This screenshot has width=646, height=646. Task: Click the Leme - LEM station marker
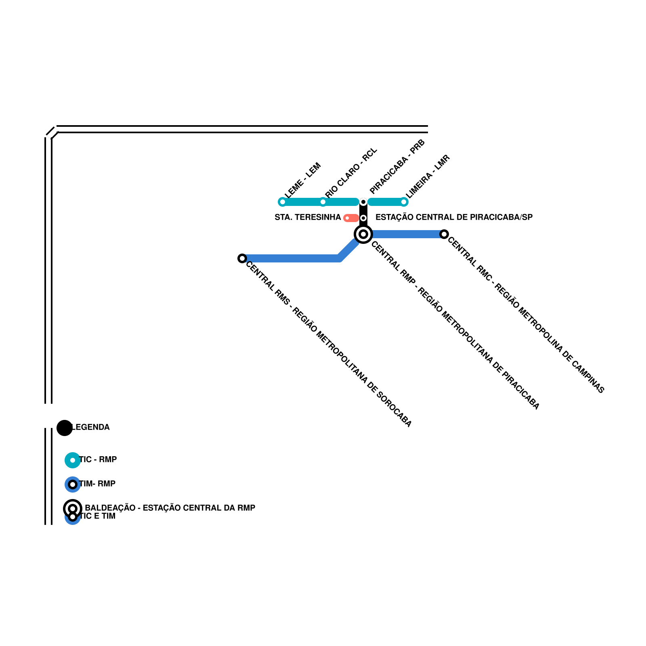pyautogui.click(x=283, y=202)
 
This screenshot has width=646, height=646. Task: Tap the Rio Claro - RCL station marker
pyautogui.click(x=323, y=202)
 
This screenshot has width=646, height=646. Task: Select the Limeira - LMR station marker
pyautogui.click(x=404, y=202)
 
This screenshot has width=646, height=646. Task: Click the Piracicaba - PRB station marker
pyautogui.click(x=363, y=202)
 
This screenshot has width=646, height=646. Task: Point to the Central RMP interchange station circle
pyautogui.click(x=363, y=234)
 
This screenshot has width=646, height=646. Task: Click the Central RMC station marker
pyautogui.click(x=444, y=234)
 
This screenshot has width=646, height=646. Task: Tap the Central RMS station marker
pyautogui.click(x=242, y=258)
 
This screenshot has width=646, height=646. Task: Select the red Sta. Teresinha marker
pyautogui.click(x=350, y=218)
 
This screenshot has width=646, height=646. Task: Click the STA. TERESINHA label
pyautogui.click(x=308, y=218)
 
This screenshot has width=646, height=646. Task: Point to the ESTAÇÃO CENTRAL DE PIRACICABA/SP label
pyautogui.click(x=454, y=218)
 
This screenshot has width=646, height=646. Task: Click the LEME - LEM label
pyautogui.click(x=302, y=180)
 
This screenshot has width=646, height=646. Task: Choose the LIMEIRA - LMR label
pyautogui.click(x=428, y=176)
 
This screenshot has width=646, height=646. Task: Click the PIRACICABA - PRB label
pyautogui.click(x=397, y=166)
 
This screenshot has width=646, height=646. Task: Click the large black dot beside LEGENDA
pyautogui.click(x=65, y=428)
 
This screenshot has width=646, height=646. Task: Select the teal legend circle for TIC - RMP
pyautogui.click(x=73, y=460)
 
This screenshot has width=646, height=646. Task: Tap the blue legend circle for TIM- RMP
pyautogui.click(x=73, y=484)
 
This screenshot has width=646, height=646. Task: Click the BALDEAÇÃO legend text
pyautogui.click(x=170, y=508)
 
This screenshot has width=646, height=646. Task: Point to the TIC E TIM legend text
pyautogui.click(x=98, y=516)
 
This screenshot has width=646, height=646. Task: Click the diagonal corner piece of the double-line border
pyautogui.click(x=52, y=133)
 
